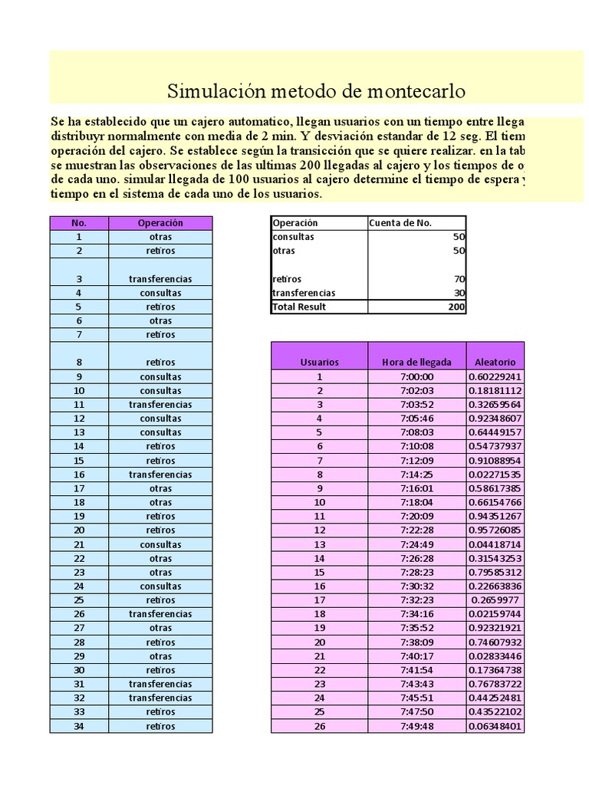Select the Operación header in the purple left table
[x=160, y=223]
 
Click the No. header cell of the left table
[x=79, y=223]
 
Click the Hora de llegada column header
[x=416, y=362]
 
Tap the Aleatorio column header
[x=495, y=362]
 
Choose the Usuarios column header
[x=320, y=362]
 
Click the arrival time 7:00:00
[x=417, y=376]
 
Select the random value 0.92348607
[x=495, y=419]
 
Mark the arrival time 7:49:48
[x=417, y=726]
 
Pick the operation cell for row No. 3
[x=160, y=279]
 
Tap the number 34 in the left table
[x=79, y=726]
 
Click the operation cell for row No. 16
[x=160, y=475]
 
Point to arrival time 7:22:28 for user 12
[x=417, y=530]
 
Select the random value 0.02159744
[x=495, y=614]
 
